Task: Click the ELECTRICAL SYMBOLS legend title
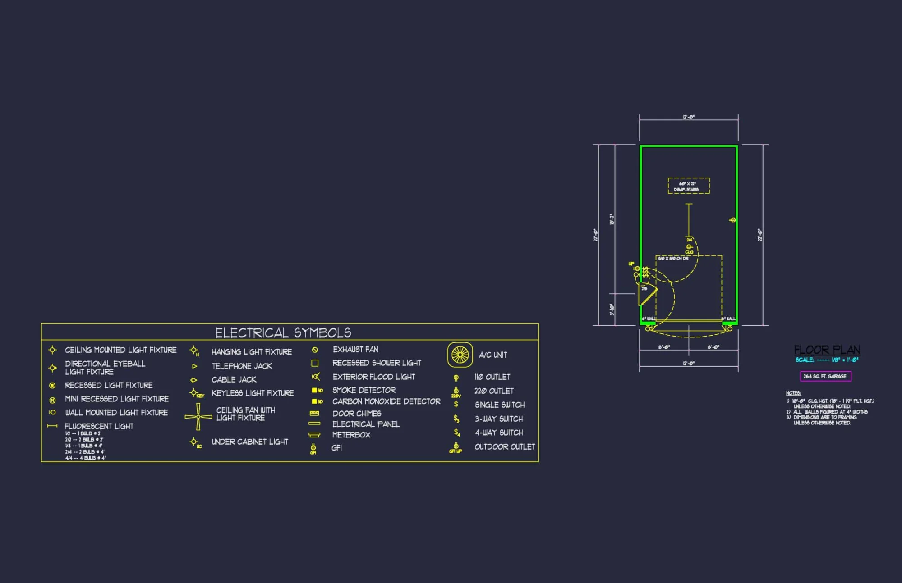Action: tap(283, 332)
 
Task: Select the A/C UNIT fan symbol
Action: tap(460, 355)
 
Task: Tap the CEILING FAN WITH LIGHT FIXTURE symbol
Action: tap(198, 417)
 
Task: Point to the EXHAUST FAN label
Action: tap(355, 350)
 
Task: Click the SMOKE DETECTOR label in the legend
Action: tap(364, 390)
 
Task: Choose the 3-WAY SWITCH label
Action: tap(499, 419)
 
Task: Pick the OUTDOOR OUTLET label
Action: tap(505, 447)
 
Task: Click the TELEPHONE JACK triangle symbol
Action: tap(194, 366)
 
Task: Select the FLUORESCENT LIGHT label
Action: tap(99, 426)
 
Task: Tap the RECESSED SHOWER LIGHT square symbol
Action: tap(315, 363)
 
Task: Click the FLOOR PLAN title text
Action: tap(827, 350)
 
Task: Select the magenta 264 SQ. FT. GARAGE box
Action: tap(825, 376)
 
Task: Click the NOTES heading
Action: tap(793, 393)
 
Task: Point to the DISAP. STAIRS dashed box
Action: tap(688, 186)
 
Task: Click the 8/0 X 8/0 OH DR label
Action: tap(673, 259)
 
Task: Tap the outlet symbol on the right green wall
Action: tap(732, 220)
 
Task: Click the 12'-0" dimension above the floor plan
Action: tap(689, 117)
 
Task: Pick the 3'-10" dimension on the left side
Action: tap(612, 310)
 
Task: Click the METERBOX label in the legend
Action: tap(351, 435)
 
